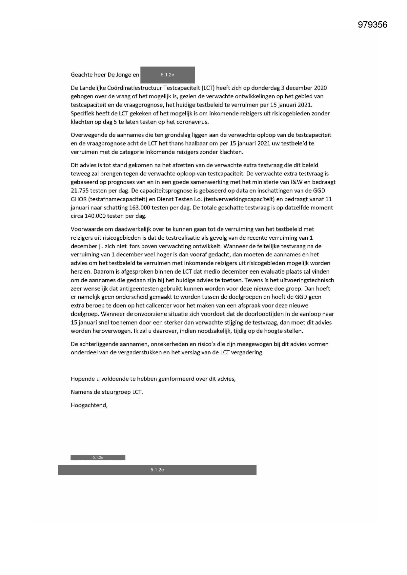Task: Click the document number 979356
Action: point(373,25)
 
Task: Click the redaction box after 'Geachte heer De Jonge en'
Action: point(167,75)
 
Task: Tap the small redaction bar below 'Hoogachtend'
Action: point(98,457)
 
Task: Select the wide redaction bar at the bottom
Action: point(157,470)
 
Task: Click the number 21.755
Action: point(80,190)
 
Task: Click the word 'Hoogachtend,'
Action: point(89,405)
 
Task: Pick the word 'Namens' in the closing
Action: point(79,392)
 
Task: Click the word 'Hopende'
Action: point(81,379)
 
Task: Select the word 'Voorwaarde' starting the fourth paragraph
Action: point(85,229)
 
